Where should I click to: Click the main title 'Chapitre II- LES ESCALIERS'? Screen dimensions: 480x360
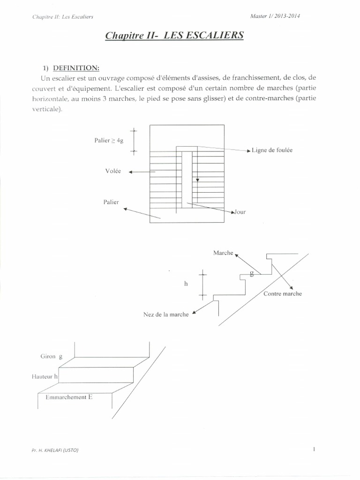coord(174,35)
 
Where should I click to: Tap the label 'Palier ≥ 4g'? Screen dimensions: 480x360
coord(108,140)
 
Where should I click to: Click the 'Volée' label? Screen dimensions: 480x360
coord(113,171)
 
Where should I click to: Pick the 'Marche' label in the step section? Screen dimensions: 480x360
coord(223,253)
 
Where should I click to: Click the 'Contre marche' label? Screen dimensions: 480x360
coord(283,294)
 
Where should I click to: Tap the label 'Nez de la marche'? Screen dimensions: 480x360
coord(166,315)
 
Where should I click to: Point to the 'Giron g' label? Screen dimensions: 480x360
coord(51,356)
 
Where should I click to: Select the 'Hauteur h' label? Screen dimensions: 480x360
coord(44,376)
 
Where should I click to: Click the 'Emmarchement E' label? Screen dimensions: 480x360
coord(69,397)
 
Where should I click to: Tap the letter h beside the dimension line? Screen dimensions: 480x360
coord(186,283)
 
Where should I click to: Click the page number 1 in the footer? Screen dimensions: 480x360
coord(314,450)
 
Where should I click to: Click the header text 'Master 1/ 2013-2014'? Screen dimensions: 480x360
coord(276,16)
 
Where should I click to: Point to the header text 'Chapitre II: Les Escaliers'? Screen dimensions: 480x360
coord(62,17)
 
